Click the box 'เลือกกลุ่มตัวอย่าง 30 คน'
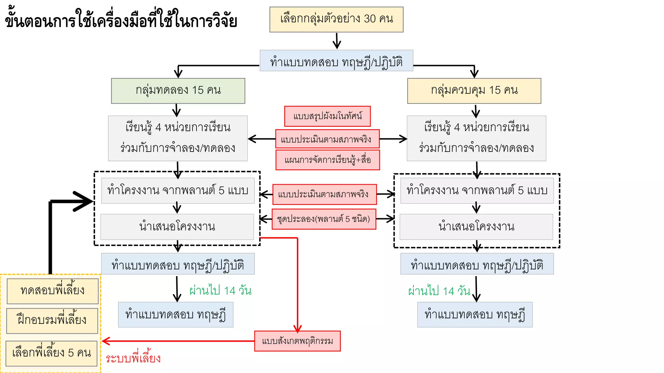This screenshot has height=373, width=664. click(336, 19)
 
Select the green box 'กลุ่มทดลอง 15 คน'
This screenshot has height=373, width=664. click(178, 91)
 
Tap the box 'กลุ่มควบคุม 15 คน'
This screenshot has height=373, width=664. click(474, 91)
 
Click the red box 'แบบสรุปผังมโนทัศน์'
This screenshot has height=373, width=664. click(327, 116)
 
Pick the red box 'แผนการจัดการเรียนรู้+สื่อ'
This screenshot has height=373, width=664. click(327, 160)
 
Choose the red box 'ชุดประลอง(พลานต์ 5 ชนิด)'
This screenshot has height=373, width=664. click(324, 219)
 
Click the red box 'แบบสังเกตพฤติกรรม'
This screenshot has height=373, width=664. click(297, 341)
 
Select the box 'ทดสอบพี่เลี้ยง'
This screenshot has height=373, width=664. click(53, 291)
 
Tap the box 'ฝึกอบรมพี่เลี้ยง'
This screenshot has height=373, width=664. click(52, 321)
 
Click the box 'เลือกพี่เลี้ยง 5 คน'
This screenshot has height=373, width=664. click(52, 353)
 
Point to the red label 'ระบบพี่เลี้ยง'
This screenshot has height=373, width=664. click(133, 358)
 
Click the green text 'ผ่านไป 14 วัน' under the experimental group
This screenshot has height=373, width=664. click(220, 290)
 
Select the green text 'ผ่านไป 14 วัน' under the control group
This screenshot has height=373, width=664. click(439, 291)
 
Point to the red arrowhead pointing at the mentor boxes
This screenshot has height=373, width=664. click(106, 341)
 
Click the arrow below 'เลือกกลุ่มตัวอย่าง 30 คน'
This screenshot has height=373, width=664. click(337, 41)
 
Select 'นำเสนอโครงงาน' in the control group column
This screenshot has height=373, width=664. click(476, 227)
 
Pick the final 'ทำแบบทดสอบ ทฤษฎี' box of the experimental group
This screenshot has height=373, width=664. click(175, 315)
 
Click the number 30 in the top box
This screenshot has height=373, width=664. click(370, 19)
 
